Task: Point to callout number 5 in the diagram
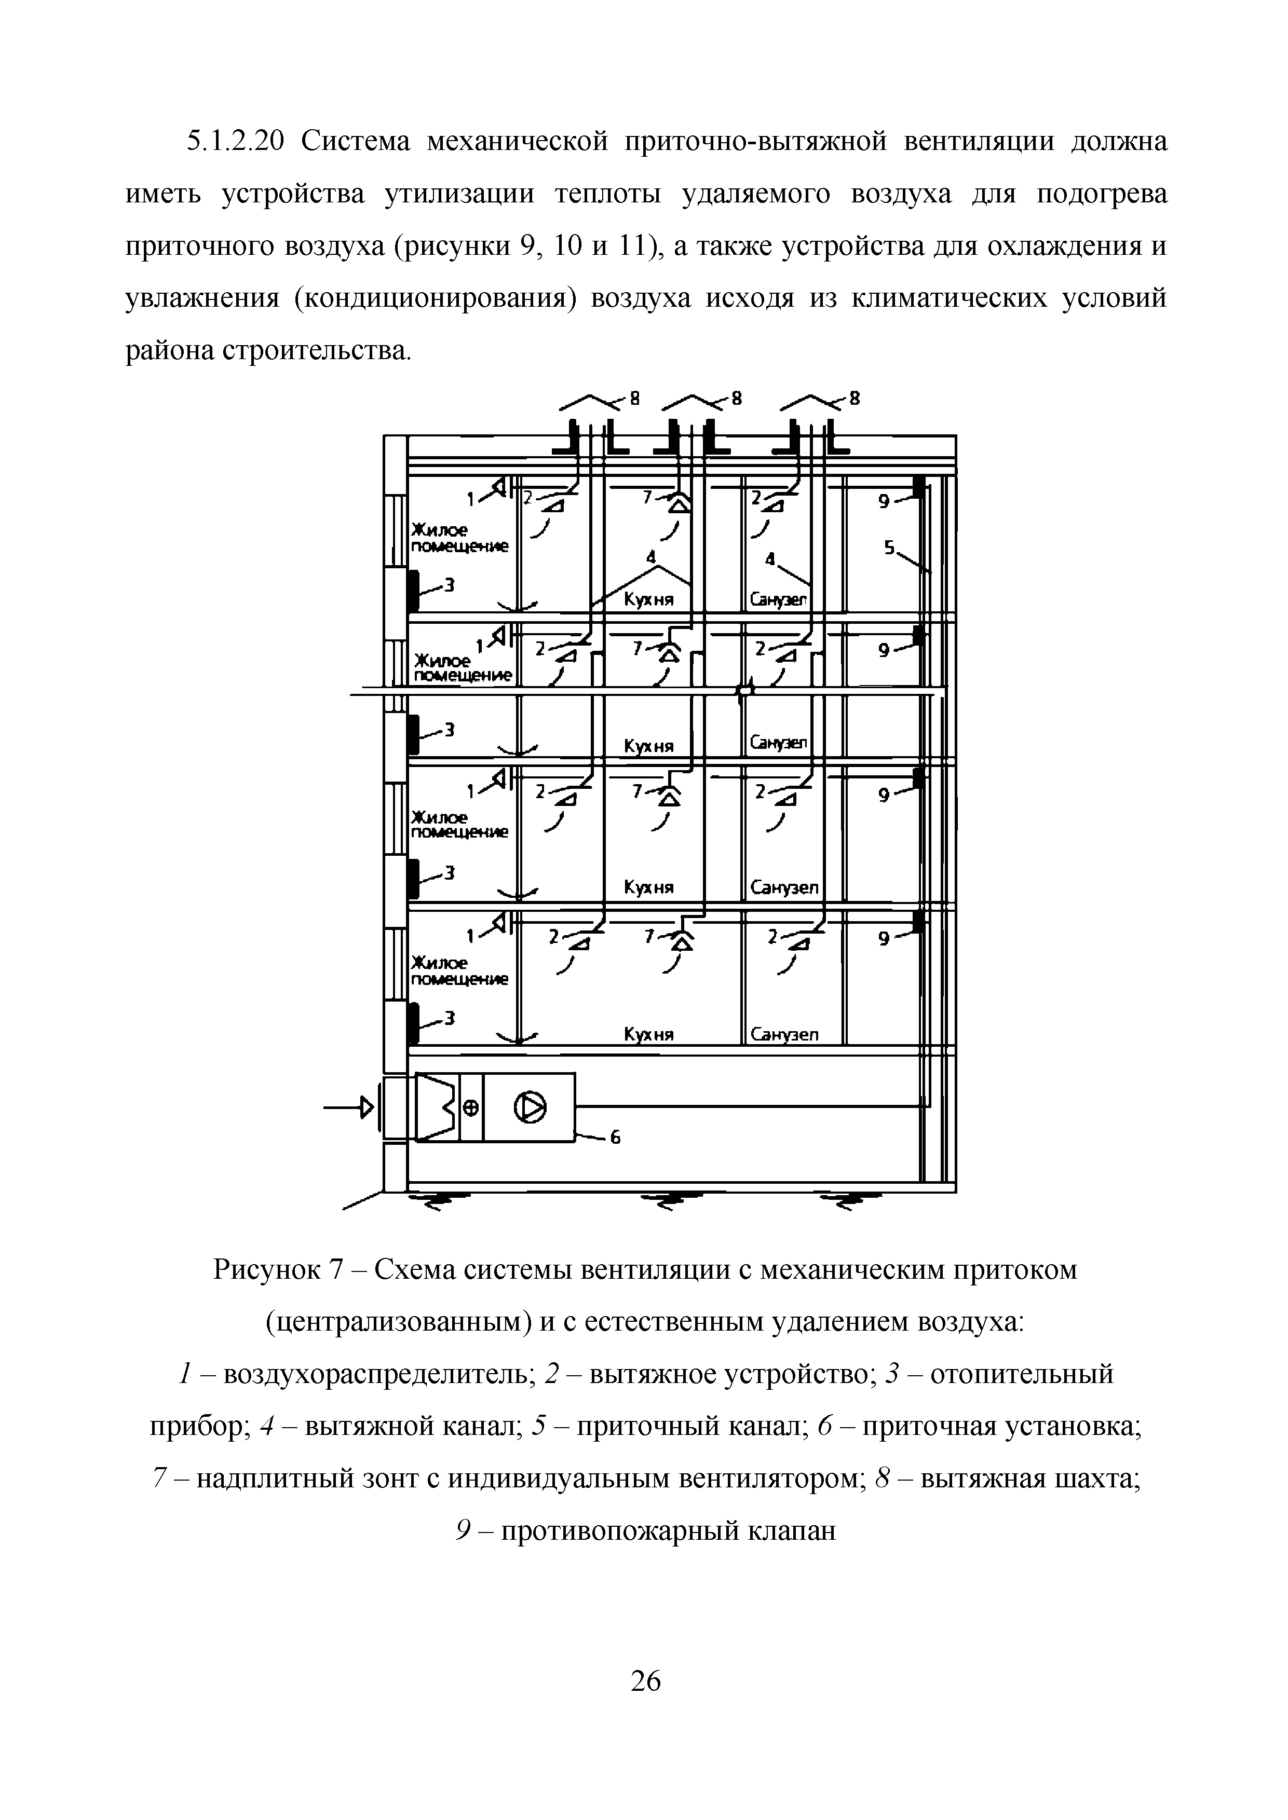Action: tap(889, 547)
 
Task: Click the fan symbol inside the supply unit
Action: tap(530, 1108)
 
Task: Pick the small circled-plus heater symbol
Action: tap(470, 1109)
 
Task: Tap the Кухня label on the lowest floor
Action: tap(649, 1034)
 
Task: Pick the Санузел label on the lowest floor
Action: tap(784, 1034)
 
